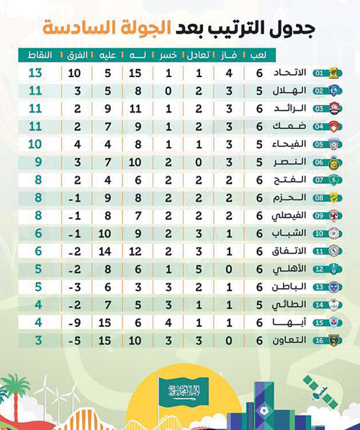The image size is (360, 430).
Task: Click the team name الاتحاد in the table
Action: point(292,73)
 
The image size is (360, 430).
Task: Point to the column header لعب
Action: point(257,55)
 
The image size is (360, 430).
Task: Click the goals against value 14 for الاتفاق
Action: point(106,251)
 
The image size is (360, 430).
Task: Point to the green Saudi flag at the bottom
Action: point(181,393)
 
